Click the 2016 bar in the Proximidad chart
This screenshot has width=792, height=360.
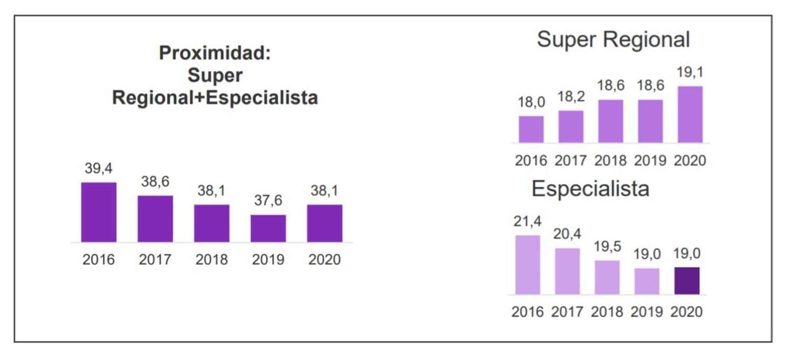click(x=98, y=212)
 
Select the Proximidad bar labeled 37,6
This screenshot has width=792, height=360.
click(x=268, y=228)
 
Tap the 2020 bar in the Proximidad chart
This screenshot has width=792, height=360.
click(x=325, y=223)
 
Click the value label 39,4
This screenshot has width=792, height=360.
click(x=98, y=168)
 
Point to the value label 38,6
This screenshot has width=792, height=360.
click(x=155, y=182)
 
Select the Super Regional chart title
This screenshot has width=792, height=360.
click(x=613, y=39)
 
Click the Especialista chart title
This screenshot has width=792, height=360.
click(x=590, y=189)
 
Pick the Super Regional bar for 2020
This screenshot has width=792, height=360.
click(x=690, y=114)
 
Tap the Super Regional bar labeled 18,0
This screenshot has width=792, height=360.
click(x=531, y=129)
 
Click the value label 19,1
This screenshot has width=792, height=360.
click(x=690, y=72)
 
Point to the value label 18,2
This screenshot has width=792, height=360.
click(x=571, y=97)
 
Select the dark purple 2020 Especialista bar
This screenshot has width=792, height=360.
click(x=687, y=281)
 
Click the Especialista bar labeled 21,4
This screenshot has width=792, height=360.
click(x=527, y=265)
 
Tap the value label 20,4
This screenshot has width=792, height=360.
click(x=567, y=234)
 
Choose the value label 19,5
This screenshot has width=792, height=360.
click(x=607, y=247)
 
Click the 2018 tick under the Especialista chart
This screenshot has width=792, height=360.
click(x=607, y=312)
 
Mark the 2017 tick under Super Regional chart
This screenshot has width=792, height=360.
click(x=571, y=161)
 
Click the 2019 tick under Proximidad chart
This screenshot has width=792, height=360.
click(x=268, y=259)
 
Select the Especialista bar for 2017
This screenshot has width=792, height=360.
click(x=567, y=271)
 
